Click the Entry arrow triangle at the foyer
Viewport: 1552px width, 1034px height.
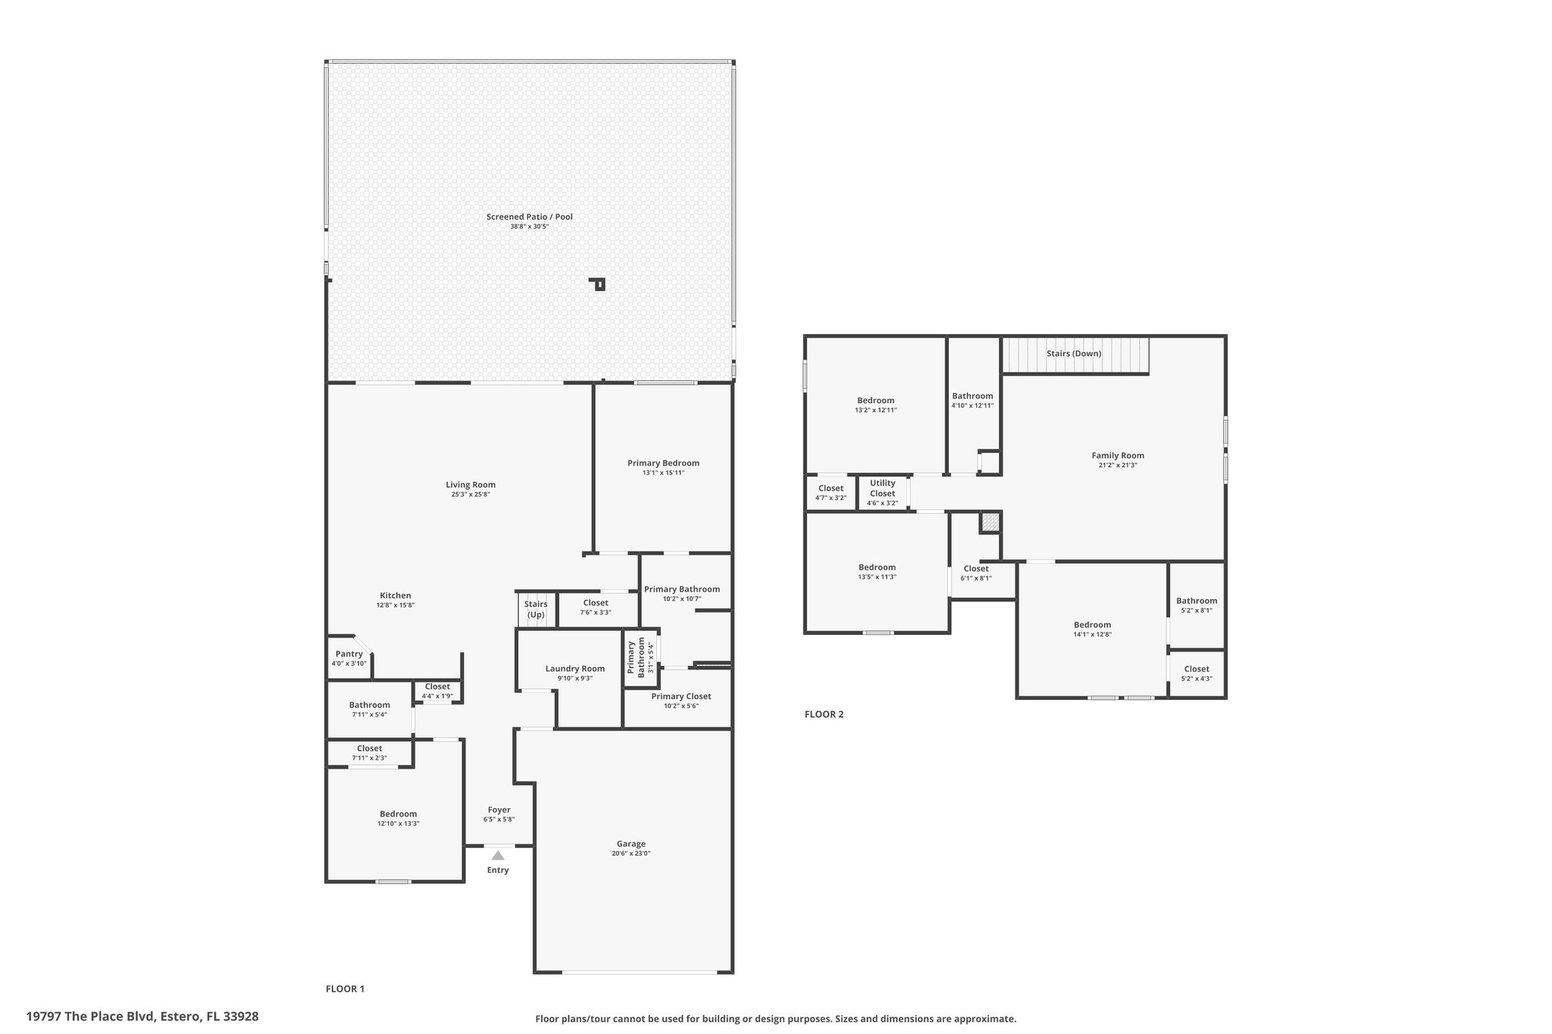pyautogui.click(x=498, y=855)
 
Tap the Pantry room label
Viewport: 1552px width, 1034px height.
pyautogui.click(x=349, y=654)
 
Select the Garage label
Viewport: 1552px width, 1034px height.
pyautogui.click(x=631, y=843)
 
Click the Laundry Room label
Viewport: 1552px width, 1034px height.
pyautogui.click(x=575, y=668)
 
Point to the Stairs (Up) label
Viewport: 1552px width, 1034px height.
pyautogui.click(x=536, y=609)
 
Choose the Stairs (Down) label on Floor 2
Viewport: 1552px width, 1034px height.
pyautogui.click(x=1074, y=353)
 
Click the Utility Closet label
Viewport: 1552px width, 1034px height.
pyautogui.click(x=883, y=488)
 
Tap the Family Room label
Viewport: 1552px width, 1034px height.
pyautogui.click(x=1118, y=455)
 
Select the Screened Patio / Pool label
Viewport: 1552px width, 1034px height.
pyautogui.click(x=530, y=217)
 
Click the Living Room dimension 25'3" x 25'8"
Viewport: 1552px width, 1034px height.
pyautogui.click(x=471, y=495)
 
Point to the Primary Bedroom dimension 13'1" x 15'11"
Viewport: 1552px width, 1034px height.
pyautogui.click(x=663, y=473)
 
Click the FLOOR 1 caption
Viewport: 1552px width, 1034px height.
pyautogui.click(x=345, y=989)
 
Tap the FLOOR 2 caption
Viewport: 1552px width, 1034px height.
pyautogui.click(x=824, y=714)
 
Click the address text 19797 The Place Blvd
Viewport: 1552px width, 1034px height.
pyautogui.click(x=90, y=1016)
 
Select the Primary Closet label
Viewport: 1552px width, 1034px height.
pyautogui.click(x=681, y=696)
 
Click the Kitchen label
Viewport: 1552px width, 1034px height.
pyautogui.click(x=396, y=595)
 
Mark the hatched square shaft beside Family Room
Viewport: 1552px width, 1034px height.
pyautogui.click(x=990, y=522)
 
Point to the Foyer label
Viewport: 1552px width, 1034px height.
pyautogui.click(x=499, y=810)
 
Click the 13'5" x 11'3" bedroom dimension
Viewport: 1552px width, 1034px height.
pyautogui.click(x=877, y=576)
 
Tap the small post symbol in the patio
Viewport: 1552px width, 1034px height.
pyautogui.click(x=599, y=284)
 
